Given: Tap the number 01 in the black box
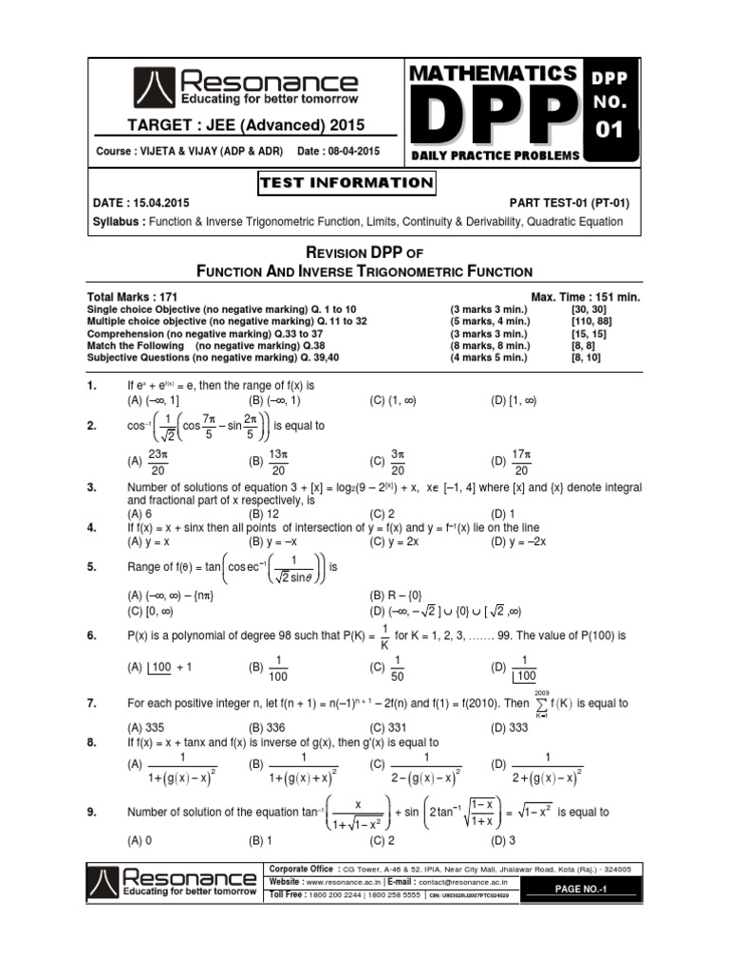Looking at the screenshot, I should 610,129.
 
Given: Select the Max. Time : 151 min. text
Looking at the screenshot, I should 579,297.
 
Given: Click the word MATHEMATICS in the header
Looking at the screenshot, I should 494,73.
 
